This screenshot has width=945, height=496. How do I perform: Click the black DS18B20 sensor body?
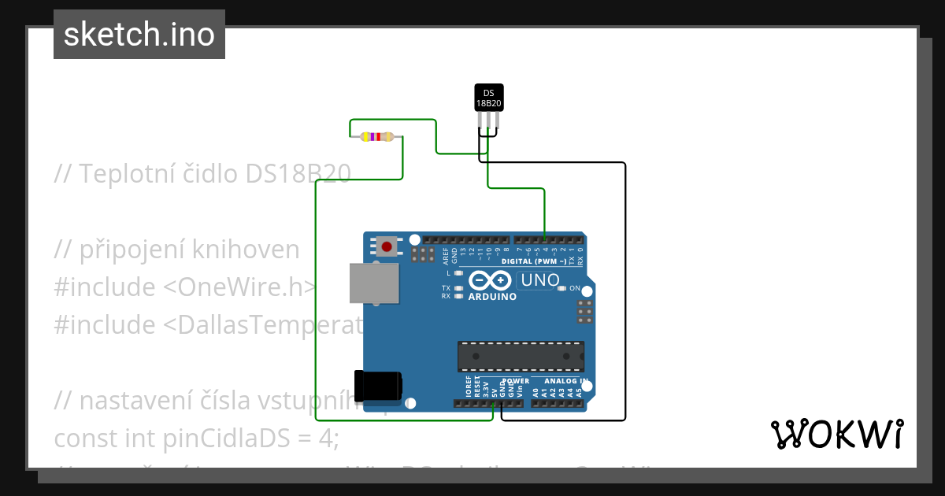coord(488,97)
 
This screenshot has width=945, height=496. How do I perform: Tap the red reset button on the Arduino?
coord(387,247)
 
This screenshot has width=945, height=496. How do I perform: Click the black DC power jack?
coord(377,386)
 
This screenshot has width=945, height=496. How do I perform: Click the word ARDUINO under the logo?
coord(492,298)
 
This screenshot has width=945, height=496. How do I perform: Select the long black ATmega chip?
coord(521,356)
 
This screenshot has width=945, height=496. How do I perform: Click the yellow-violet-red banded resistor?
coord(376,137)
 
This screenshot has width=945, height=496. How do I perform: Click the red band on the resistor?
coord(379,137)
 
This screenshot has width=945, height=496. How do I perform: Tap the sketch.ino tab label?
coord(139,35)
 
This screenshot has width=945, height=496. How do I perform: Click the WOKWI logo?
coord(836,434)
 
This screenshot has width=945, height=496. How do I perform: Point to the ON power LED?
coord(561,288)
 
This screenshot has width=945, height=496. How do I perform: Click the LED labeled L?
coord(459,273)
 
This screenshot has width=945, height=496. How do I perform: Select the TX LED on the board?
coord(459,288)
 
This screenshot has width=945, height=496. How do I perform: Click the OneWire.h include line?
coord(185,287)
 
